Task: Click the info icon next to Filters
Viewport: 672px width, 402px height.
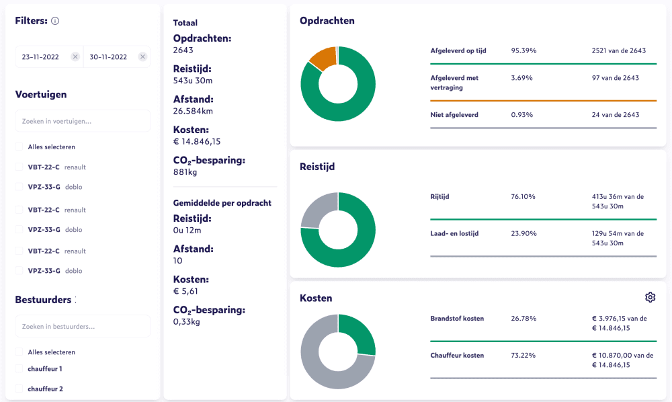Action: click(x=55, y=21)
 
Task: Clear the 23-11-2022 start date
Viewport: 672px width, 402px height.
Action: click(x=75, y=57)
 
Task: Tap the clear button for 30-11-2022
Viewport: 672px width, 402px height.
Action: click(x=142, y=57)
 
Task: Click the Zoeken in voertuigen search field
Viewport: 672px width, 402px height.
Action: click(x=83, y=121)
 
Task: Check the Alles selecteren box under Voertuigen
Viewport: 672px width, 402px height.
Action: click(x=19, y=147)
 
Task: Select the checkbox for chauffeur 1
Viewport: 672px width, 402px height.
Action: click(x=19, y=368)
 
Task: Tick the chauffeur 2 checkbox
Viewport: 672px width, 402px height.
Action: click(x=19, y=389)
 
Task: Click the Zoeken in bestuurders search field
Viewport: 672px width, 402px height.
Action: click(x=83, y=326)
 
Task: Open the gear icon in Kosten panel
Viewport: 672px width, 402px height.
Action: click(x=650, y=297)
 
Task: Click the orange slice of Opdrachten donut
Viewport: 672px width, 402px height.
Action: click(x=323, y=58)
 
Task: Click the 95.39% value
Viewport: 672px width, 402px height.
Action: click(x=523, y=50)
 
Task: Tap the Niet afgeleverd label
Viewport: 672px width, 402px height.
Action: click(x=454, y=115)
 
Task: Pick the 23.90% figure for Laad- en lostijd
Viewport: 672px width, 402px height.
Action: click(x=523, y=233)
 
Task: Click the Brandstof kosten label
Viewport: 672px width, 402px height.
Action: click(x=457, y=318)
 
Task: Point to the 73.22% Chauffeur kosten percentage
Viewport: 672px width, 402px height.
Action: click(x=523, y=355)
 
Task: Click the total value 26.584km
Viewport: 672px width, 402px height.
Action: click(x=193, y=111)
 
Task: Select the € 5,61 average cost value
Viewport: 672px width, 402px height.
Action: click(x=185, y=291)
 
